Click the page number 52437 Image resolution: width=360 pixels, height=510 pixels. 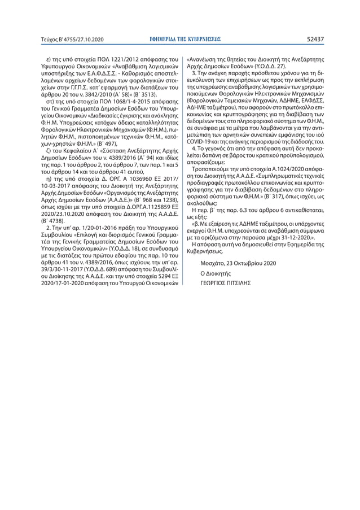(x=314, y=40)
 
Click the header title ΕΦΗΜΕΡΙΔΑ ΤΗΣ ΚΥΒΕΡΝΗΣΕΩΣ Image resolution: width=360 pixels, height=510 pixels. (x=180, y=40)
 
